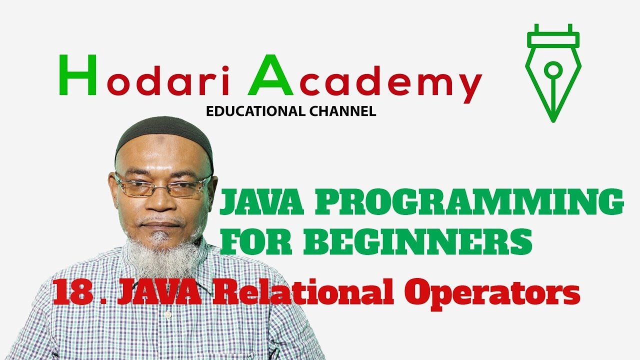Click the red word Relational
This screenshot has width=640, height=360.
[x=300, y=292]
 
